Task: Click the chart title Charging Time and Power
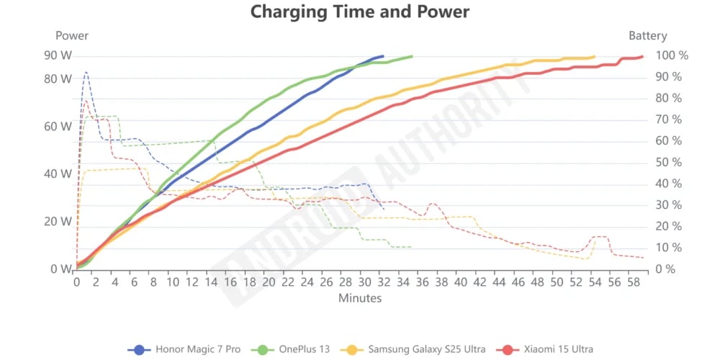pyautogui.click(x=359, y=12)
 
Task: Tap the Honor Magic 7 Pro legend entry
pyautogui.click(x=186, y=349)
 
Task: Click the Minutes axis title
pyautogui.click(x=359, y=298)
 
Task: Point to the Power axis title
pyautogui.click(x=72, y=35)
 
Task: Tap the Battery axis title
pyautogui.click(x=648, y=35)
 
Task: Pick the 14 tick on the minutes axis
pyautogui.click(x=211, y=282)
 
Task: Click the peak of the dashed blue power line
pyautogui.click(x=86, y=72)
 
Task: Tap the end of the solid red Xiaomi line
pyautogui.click(x=642, y=56)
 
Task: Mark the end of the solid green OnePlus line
pyautogui.click(x=412, y=56)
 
